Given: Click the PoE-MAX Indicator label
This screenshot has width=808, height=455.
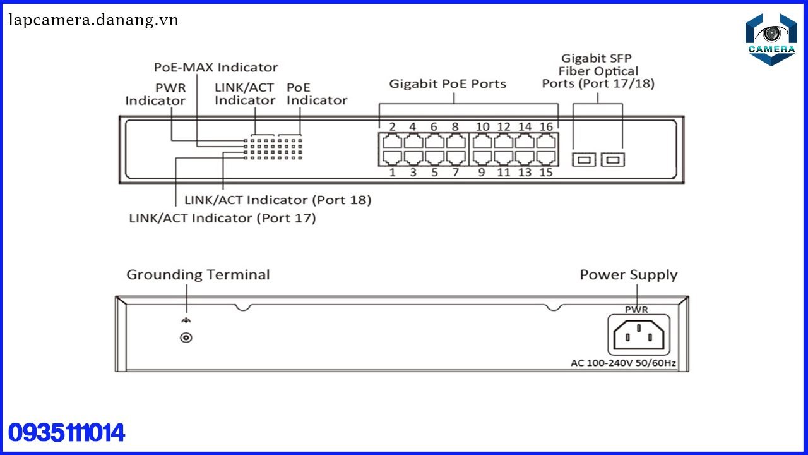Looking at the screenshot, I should pos(216,67).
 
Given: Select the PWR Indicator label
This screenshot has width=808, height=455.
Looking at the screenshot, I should pos(156,94).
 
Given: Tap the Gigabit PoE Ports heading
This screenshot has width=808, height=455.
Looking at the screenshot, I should pos(448,83).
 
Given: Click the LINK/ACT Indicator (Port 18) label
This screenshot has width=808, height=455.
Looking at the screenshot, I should pos(278,200).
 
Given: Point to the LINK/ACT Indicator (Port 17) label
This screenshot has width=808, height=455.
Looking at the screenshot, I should pos(222,218).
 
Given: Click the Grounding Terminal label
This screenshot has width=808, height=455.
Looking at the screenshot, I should pos(198,275).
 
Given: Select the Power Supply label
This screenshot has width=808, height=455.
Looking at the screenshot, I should pos(629,275).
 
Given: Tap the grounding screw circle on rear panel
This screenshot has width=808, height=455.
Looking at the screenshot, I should pos(186,337).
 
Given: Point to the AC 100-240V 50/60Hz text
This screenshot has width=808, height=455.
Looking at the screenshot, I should pos(624,363).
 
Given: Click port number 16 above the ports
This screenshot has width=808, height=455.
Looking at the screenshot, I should pos(545,126).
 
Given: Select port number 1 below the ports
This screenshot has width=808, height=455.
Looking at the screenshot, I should pos(392,172).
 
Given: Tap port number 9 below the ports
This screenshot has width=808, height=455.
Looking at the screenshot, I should pos(482,172).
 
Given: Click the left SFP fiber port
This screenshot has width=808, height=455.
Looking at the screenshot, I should pos(584,159).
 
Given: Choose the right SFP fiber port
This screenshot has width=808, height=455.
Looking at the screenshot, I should pos(612,159).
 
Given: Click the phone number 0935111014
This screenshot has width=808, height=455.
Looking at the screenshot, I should pos(67,434).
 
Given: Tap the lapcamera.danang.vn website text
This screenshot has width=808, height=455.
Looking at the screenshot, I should pos(93,20).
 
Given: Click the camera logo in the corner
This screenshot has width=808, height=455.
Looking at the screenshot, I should pos(771,39).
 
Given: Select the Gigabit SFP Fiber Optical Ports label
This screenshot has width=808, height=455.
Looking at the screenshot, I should pos(598,71).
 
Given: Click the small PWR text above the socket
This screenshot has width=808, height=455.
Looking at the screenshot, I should pos(636,310).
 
